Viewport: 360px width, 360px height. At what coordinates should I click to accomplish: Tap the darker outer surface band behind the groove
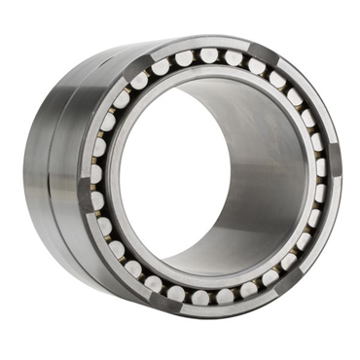click(x=39, y=175)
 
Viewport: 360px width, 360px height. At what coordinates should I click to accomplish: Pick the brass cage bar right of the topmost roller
click(x=222, y=56)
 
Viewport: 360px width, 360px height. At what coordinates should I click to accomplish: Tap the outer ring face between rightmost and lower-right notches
click(x=326, y=238)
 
